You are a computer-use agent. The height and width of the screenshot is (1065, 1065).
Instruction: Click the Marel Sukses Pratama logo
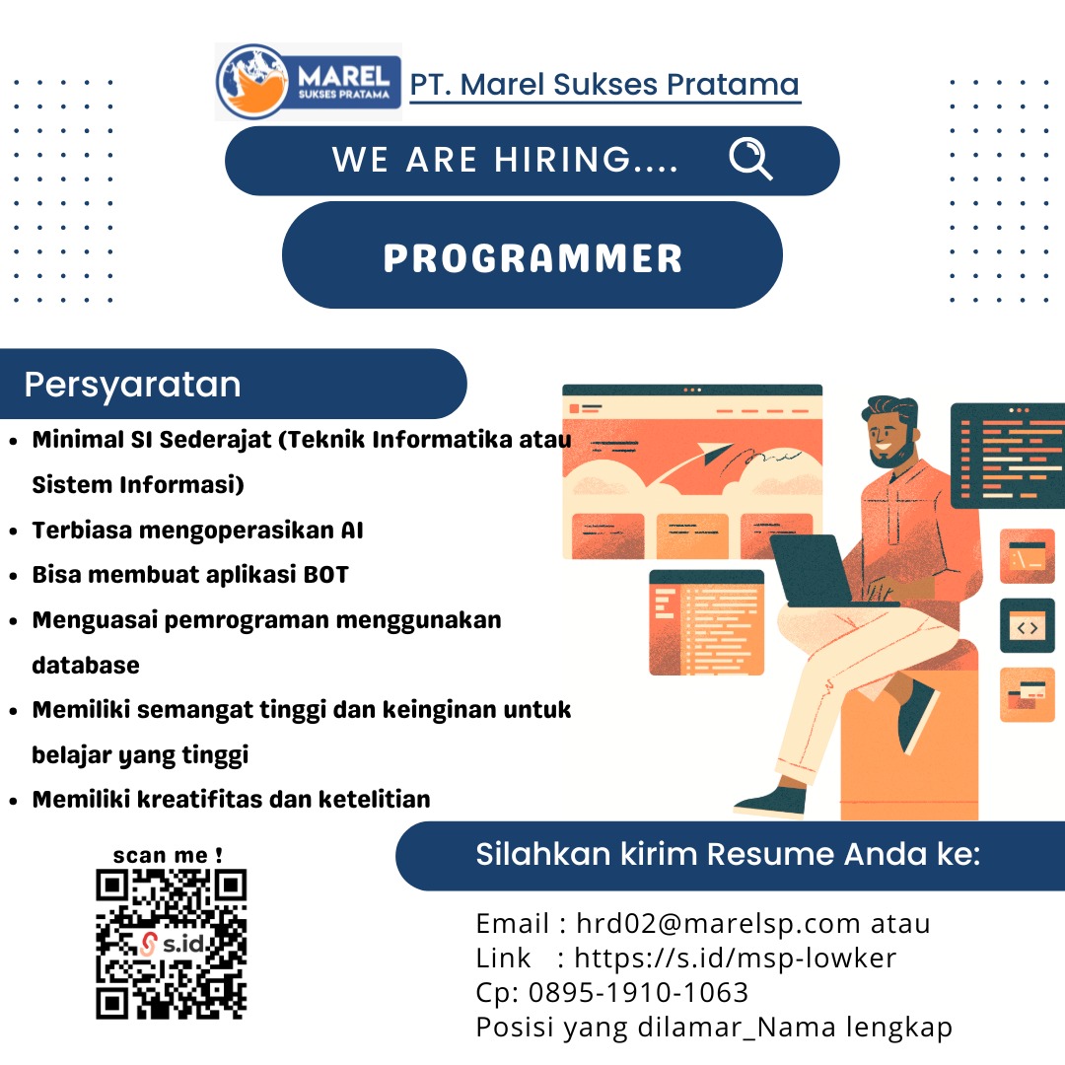pos(309,82)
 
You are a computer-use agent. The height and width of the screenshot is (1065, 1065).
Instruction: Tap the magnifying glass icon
pos(750,159)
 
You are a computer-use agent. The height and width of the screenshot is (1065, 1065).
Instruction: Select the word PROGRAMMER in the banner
pos(532,258)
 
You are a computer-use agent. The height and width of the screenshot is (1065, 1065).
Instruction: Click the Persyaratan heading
pos(132,386)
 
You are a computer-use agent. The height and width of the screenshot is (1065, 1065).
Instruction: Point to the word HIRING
pos(562,160)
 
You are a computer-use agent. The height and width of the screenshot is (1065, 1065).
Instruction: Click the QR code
pos(172,944)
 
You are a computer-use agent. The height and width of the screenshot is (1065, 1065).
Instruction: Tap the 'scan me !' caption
pos(168,855)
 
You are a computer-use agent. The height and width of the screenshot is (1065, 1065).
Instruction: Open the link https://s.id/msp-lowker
pos(736,958)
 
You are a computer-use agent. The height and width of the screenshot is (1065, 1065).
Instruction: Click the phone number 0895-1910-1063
pos(638,992)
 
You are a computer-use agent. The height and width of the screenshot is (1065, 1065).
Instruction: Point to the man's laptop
pos(821,571)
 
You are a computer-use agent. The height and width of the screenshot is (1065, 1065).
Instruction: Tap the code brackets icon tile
pos(1027,626)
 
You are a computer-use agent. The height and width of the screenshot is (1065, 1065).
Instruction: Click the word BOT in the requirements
pos(326,575)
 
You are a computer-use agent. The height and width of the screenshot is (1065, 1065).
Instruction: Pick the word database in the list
pos(86,665)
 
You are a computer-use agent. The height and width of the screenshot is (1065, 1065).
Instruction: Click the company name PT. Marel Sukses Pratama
pos(604,85)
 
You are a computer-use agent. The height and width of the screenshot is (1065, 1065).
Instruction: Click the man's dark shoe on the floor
pos(770,803)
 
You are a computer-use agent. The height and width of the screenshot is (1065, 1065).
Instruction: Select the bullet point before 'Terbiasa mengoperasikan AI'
pos(13,532)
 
